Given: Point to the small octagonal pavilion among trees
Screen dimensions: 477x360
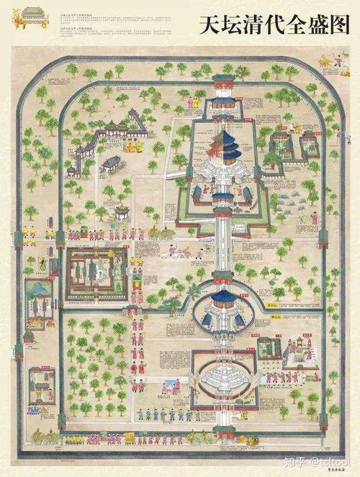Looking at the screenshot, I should coord(123,212).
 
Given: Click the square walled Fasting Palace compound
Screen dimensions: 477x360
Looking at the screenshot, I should coord(96,273).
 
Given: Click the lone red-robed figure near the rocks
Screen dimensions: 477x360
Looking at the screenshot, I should coord(314,217).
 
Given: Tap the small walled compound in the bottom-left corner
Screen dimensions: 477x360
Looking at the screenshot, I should coord(41,385).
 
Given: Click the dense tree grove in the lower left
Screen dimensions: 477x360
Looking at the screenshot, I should coord(94,367).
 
